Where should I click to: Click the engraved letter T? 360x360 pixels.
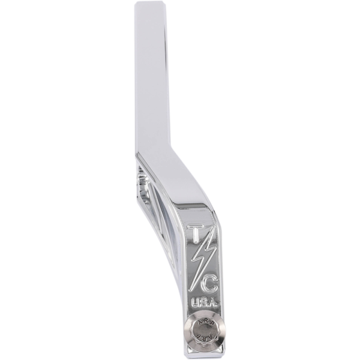[197, 233]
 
